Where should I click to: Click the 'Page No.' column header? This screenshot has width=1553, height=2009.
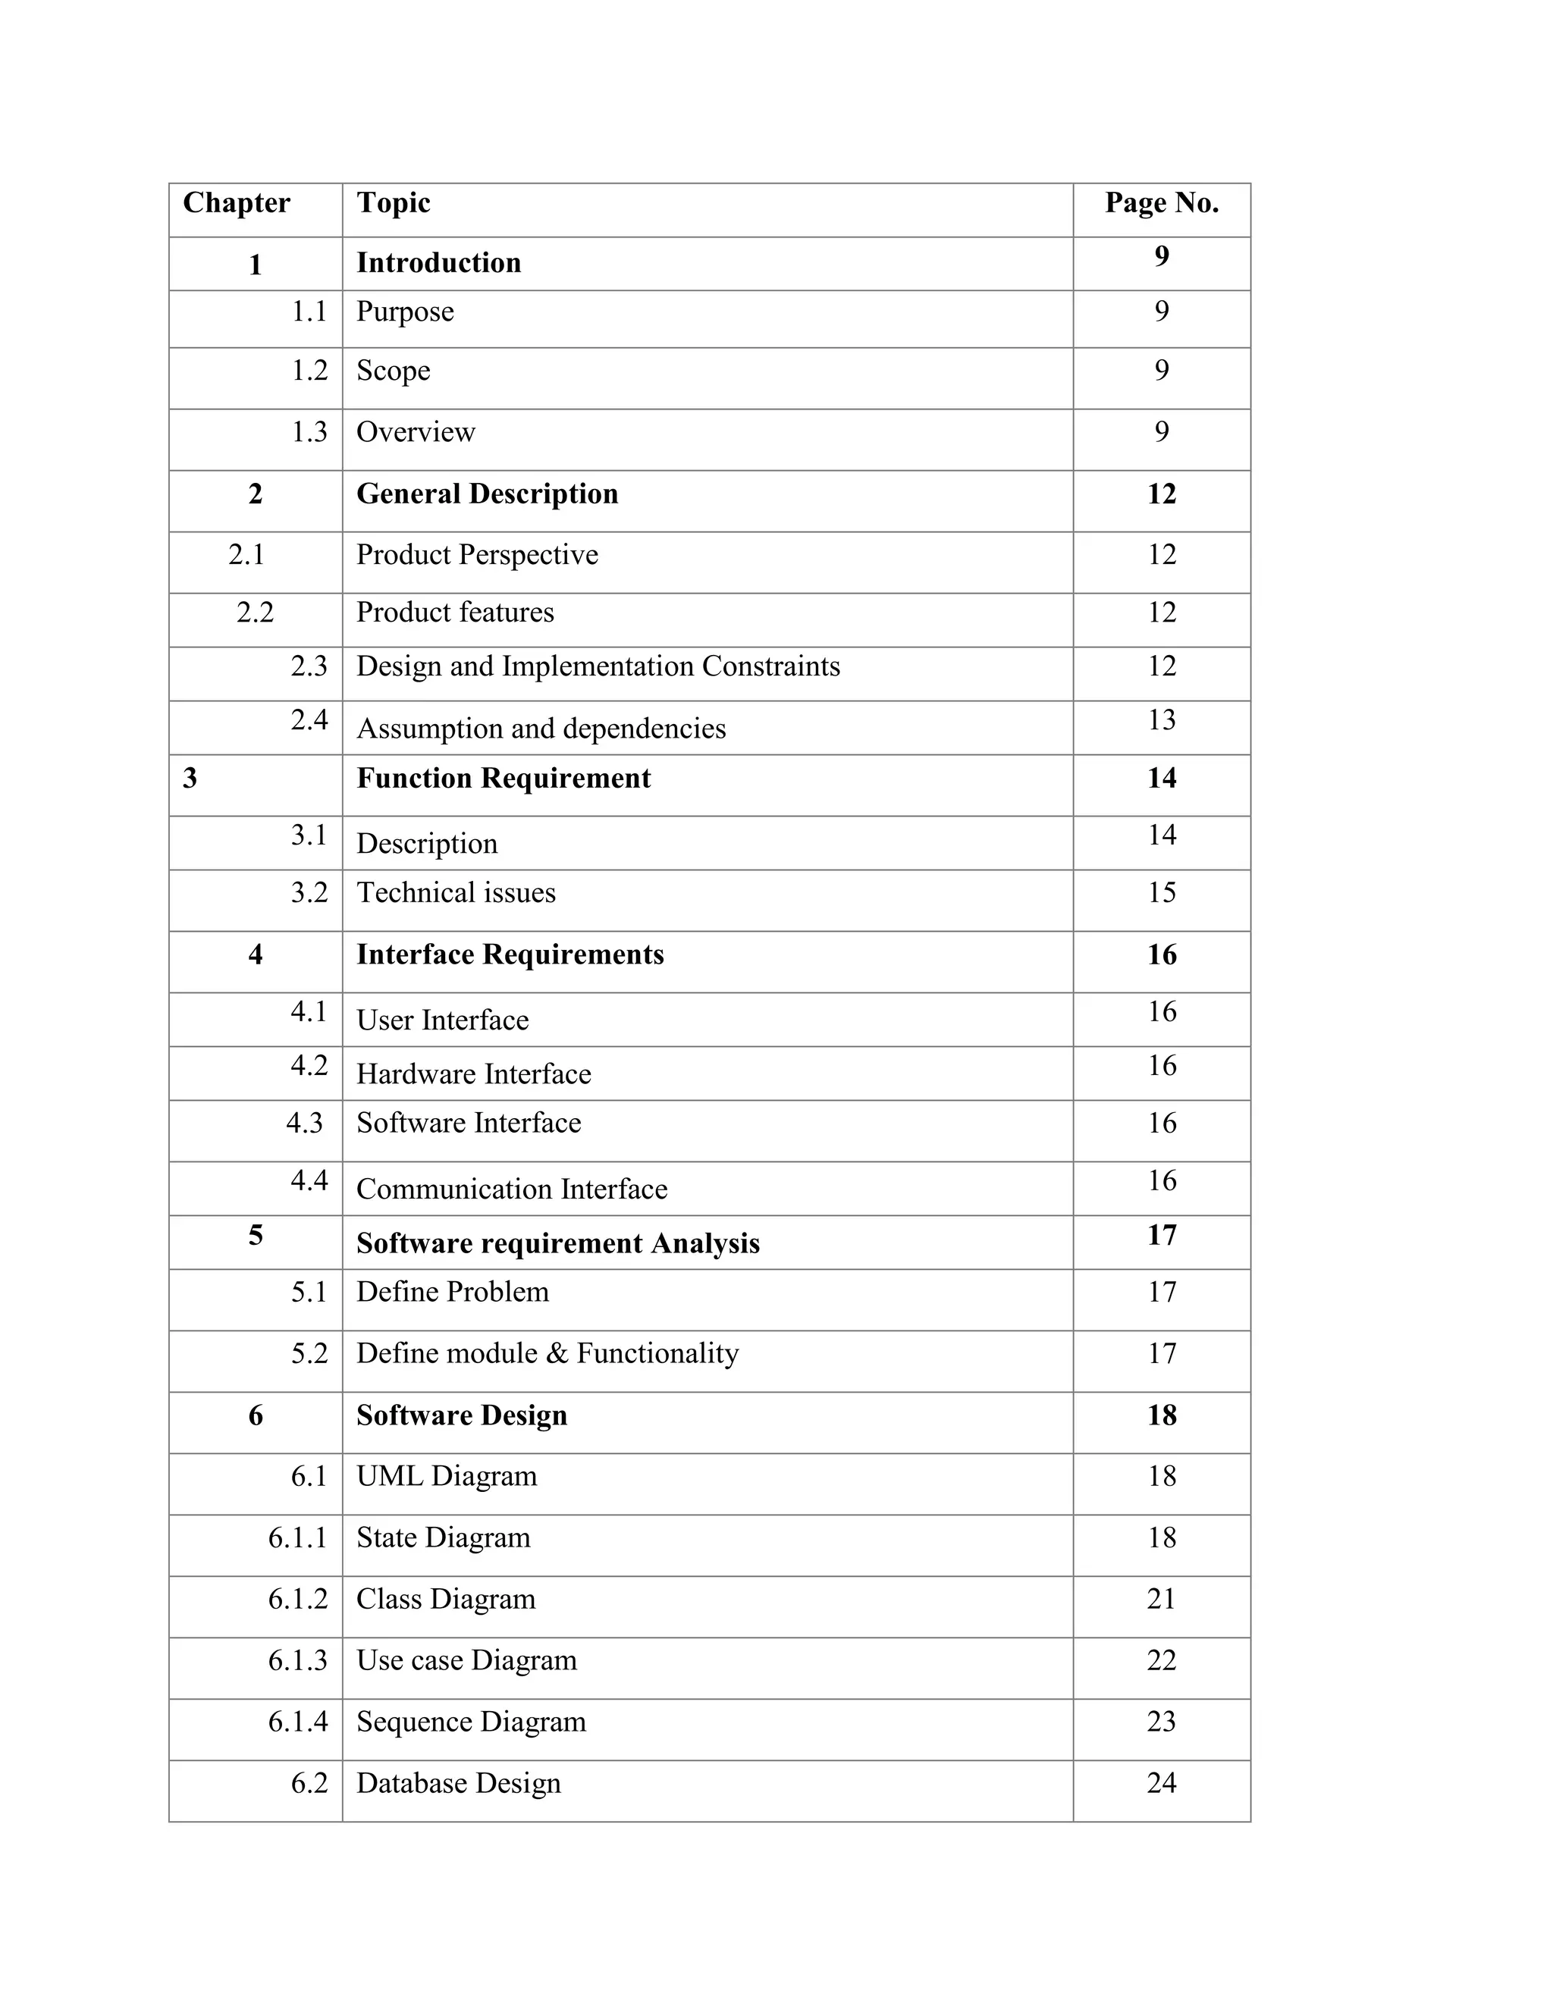click(x=1161, y=202)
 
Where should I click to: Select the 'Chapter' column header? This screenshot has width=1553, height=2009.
click(x=237, y=202)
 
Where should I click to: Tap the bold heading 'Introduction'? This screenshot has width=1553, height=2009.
click(x=439, y=263)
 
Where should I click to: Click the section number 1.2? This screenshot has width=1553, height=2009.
click(x=309, y=371)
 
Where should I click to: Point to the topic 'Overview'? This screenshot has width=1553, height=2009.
click(x=416, y=432)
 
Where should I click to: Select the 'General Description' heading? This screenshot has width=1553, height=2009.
click(x=487, y=494)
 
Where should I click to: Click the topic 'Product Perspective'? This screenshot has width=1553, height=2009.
click(x=476, y=555)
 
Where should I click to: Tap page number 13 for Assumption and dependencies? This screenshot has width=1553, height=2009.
click(x=1161, y=719)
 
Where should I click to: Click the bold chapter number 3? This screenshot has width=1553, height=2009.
click(x=190, y=779)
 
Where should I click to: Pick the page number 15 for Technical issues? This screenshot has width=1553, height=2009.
click(x=1161, y=892)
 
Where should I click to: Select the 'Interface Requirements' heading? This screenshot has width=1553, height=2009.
click(x=510, y=954)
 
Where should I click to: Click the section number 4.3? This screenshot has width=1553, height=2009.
click(x=305, y=1124)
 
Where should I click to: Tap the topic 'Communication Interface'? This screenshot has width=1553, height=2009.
click(x=512, y=1189)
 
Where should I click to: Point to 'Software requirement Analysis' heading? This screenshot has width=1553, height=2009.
click(x=557, y=1243)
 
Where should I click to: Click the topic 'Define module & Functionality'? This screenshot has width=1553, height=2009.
click(x=547, y=1354)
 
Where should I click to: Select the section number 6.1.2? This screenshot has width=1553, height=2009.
click(x=297, y=1600)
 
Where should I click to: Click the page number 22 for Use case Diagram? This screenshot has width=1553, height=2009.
click(x=1161, y=1660)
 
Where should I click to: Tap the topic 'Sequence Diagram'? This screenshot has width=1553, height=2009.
click(x=471, y=1722)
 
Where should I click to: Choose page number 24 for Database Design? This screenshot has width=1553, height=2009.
click(x=1161, y=1784)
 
